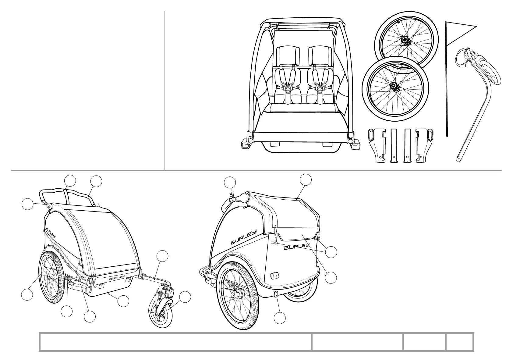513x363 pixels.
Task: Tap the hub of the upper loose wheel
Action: pyautogui.click(x=405, y=41)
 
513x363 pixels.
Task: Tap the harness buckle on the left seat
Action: pyautogui.click(x=287, y=88)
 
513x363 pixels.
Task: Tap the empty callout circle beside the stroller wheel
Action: pyautogui.click(x=185, y=297)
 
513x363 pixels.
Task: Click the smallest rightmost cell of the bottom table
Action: pyautogui.click(x=459, y=342)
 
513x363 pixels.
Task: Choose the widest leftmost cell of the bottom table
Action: pyautogui.click(x=175, y=342)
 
